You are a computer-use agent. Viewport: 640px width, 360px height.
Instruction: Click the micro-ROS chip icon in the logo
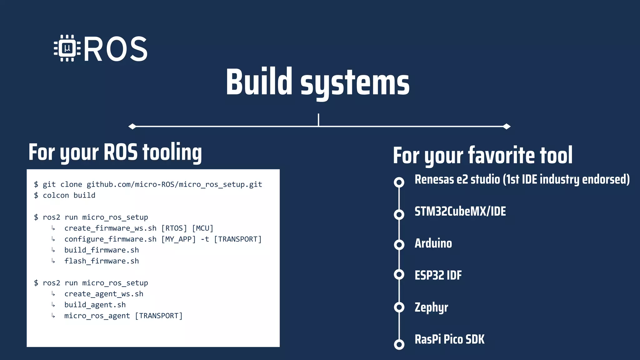pyautogui.click(x=67, y=48)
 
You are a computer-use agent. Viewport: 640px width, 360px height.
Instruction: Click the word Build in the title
pyautogui.click(x=259, y=82)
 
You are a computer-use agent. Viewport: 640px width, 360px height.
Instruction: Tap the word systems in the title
pyautogui.click(x=355, y=83)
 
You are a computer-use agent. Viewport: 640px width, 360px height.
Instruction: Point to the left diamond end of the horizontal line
pyautogui.click(x=132, y=126)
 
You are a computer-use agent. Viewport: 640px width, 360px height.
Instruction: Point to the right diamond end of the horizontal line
pyautogui.click(x=507, y=126)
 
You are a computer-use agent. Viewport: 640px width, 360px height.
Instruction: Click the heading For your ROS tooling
pyautogui.click(x=115, y=152)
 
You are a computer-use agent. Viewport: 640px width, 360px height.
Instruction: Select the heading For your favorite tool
pyautogui.click(x=482, y=155)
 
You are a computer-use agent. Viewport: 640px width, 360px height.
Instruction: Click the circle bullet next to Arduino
pyautogui.click(x=399, y=244)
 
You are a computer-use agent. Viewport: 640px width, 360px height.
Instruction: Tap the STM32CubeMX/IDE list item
pyautogui.click(x=460, y=212)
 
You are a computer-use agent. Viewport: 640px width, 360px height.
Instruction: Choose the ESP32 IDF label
pyautogui.click(x=438, y=275)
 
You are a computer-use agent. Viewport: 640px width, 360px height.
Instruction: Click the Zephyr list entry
pyautogui.click(x=431, y=307)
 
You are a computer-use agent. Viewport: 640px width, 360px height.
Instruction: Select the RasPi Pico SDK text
pyautogui.click(x=449, y=339)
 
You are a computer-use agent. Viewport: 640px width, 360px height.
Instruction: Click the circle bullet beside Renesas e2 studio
pyautogui.click(x=399, y=182)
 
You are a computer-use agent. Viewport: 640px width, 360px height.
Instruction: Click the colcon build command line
pyautogui.click(x=69, y=195)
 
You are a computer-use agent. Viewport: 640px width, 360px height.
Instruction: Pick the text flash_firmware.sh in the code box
pyautogui.click(x=102, y=261)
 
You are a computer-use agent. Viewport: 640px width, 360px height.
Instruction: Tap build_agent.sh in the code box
pyautogui.click(x=95, y=305)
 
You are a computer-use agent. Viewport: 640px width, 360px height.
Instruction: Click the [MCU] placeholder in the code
pyautogui.click(x=202, y=228)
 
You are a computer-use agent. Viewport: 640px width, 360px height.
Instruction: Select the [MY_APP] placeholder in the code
pyautogui.click(x=178, y=239)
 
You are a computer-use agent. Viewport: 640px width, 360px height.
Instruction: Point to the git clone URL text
pyautogui.click(x=174, y=184)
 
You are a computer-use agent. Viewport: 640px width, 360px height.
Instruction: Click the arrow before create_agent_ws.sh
pyautogui.click(x=53, y=294)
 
